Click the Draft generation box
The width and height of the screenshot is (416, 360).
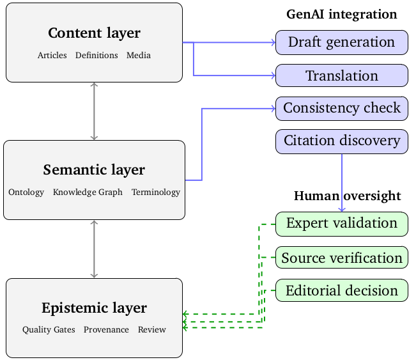click(341, 42)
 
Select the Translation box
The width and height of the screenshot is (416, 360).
click(341, 75)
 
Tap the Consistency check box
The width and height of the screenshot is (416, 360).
click(341, 108)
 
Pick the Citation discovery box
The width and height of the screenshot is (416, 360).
click(341, 141)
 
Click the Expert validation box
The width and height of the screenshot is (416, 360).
click(341, 223)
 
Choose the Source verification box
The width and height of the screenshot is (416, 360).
click(341, 258)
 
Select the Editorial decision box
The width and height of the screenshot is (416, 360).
click(341, 290)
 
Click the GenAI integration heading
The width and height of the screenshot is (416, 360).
click(341, 14)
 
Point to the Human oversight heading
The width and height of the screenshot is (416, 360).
click(347, 196)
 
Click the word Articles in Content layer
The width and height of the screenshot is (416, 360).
click(52, 56)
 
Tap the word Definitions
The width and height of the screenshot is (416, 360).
click(96, 56)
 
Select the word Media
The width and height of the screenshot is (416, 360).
click(139, 56)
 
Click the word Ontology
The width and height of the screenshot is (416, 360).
click(26, 192)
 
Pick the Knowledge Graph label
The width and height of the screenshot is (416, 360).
click(88, 192)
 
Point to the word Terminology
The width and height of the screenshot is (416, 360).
click(156, 192)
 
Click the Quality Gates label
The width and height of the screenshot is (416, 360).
click(49, 330)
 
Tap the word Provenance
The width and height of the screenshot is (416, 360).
click(106, 330)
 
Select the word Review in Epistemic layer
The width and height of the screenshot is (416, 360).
click(151, 330)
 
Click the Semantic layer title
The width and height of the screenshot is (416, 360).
click(94, 170)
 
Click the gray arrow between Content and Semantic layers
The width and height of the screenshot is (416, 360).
click(95, 111)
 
